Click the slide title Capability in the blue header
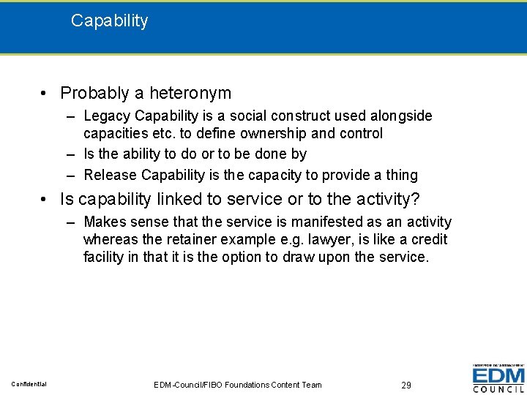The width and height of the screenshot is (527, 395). coord(109,20)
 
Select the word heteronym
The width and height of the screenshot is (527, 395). coord(190,93)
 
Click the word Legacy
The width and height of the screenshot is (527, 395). coord(108,116)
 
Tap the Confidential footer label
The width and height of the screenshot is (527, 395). coord(29,384)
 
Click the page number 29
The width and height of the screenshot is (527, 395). coord(406,385)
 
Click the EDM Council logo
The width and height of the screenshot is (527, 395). coord(498,378)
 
